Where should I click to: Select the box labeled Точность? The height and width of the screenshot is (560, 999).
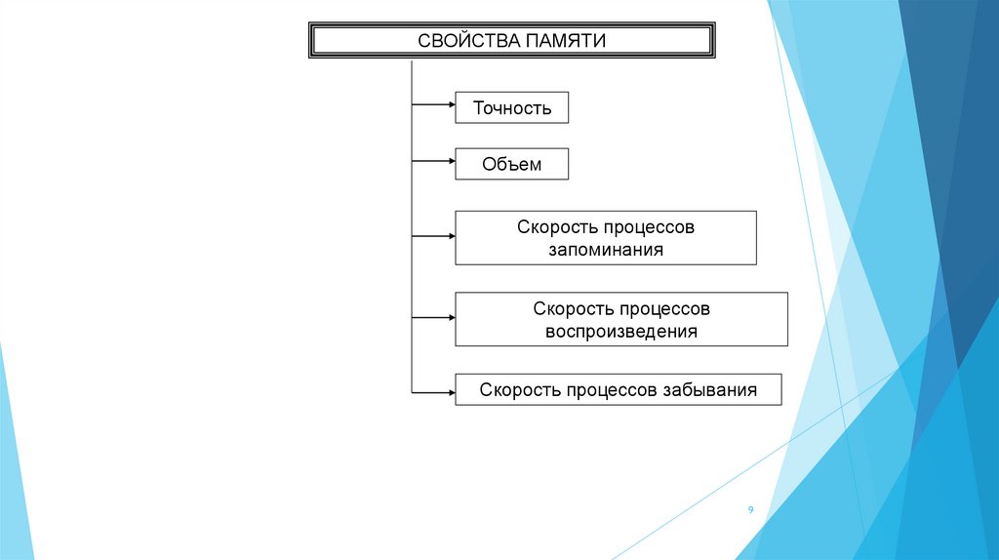tap(512, 107)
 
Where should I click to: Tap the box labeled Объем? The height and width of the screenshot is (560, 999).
tap(511, 164)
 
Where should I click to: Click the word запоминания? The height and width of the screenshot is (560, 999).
tap(605, 250)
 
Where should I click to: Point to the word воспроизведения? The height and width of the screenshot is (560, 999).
tap(621, 331)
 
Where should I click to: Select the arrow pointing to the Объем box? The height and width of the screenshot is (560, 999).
tap(434, 159)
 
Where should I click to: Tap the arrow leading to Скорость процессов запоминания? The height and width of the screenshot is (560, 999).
tap(434, 235)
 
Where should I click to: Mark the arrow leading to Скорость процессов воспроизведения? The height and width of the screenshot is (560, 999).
tap(434, 317)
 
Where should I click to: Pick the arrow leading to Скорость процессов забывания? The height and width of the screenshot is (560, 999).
tap(434, 392)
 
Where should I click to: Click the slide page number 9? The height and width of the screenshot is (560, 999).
tap(750, 510)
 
